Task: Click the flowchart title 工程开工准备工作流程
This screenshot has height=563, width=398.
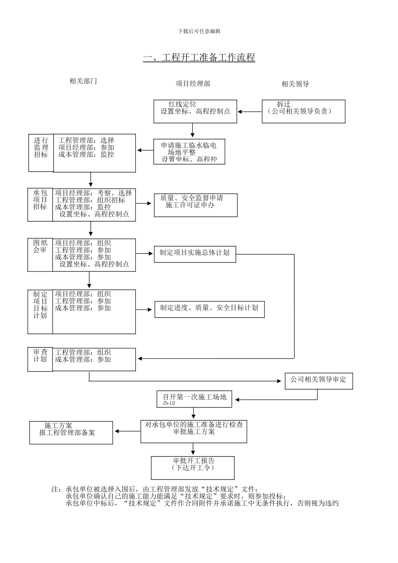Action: click(199, 57)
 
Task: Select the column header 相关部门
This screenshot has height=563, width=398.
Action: click(83, 81)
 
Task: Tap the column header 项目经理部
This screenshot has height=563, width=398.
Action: click(193, 84)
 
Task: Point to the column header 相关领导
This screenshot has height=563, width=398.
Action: click(295, 84)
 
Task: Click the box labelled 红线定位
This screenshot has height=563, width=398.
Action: click(195, 111)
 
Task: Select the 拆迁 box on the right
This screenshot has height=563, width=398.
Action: click(303, 111)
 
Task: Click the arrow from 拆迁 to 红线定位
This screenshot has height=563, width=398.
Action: click(250, 112)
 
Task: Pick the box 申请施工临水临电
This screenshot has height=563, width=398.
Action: click(189, 152)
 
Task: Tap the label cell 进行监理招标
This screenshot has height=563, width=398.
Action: click(41, 153)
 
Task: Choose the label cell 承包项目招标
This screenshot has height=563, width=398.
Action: click(40, 205)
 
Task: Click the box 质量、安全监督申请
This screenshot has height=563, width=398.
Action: click(195, 205)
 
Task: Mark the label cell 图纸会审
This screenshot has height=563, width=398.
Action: click(40, 255)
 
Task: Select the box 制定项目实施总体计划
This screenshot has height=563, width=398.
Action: click(195, 254)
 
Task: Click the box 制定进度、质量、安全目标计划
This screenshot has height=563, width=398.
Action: click(209, 309)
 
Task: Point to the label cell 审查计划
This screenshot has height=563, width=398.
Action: click(40, 359)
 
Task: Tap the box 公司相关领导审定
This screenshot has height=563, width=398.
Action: click(319, 381)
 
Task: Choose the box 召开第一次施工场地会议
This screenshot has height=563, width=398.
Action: click(194, 399)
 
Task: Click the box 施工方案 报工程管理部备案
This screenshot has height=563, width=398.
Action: click(71, 433)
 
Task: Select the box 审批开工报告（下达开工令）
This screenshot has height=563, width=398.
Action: click(193, 467)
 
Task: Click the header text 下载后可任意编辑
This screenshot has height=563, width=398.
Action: click(199, 31)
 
